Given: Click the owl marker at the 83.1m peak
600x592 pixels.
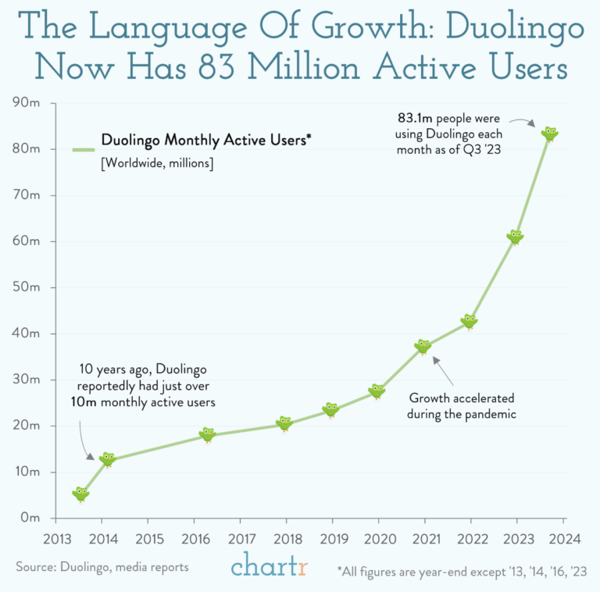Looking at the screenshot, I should point(550,134).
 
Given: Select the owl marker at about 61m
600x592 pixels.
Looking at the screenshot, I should point(515,237).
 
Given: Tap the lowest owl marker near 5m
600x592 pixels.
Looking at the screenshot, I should point(81,494).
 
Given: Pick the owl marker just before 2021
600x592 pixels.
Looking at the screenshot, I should point(423,346).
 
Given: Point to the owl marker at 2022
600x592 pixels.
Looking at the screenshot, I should point(469,321).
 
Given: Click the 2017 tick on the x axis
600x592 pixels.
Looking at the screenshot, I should point(240,539).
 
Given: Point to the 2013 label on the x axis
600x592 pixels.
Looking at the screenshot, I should point(55,539).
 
